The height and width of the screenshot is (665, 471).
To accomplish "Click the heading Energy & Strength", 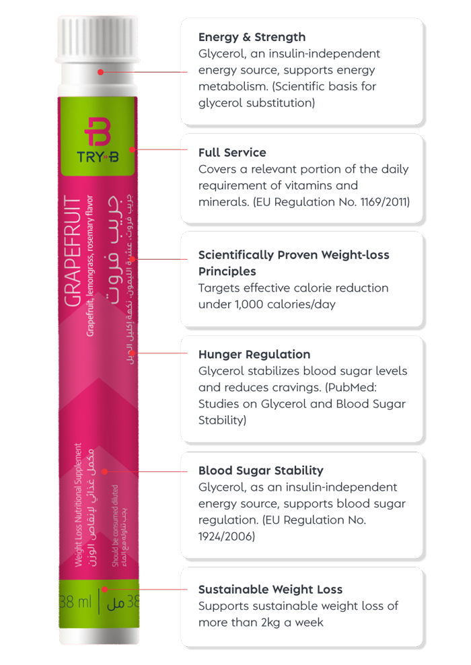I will click(x=252, y=37).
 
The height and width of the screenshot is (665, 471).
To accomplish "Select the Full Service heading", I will click(x=232, y=153).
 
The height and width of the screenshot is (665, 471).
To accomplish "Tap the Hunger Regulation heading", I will click(x=254, y=355).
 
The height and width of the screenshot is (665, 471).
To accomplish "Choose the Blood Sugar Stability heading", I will click(x=260, y=470).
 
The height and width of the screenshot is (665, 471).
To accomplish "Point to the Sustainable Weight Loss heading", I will click(x=270, y=590).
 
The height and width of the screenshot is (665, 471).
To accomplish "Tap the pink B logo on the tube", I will click(x=98, y=131).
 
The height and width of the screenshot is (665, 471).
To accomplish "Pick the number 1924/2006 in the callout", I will click(x=227, y=536).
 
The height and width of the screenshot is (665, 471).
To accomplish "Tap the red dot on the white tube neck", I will click(x=100, y=71).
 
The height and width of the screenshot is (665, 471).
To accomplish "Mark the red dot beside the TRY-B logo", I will click(x=133, y=149).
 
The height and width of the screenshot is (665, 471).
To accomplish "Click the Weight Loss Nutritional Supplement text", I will click(x=79, y=505).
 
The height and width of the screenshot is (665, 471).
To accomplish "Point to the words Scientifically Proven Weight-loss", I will click(x=293, y=255).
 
